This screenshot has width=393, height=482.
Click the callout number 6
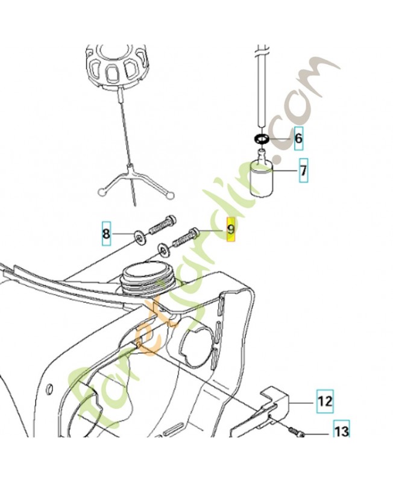(x=299, y=139)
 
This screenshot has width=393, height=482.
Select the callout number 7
(x=303, y=171)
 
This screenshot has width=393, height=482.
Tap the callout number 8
(x=106, y=233)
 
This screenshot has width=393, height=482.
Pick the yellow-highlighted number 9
(x=230, y=230)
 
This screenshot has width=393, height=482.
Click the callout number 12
(x=325, y=399)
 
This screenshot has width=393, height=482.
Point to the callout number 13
(x=341, y=431)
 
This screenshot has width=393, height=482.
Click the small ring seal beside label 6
(x=261, y=140)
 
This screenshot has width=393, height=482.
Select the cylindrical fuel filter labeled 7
(x=262, y=177)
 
